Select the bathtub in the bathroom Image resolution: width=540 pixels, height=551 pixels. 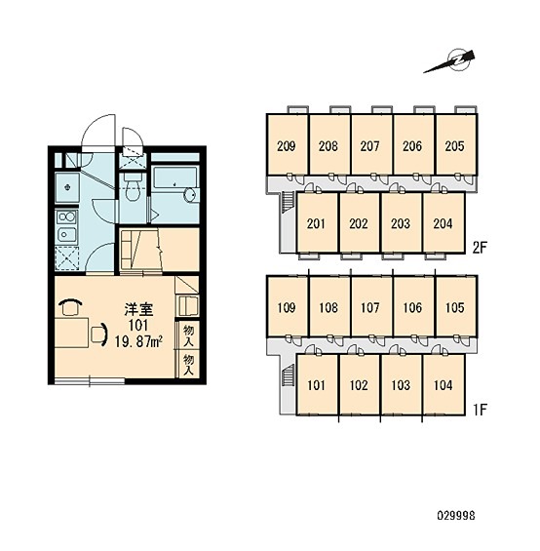(176, 185)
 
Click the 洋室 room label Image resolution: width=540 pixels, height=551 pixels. (138, 309)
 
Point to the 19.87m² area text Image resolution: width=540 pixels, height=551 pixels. (138, 341)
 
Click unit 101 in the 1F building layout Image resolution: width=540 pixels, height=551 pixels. (317, 385)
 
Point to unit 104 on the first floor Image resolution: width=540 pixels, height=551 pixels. (444, 385)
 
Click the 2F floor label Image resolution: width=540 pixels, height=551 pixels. (480, 248)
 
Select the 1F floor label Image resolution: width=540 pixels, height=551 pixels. (480, 410)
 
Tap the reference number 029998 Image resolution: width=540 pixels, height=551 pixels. (456, 516)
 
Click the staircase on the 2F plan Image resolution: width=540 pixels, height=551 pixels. (288, 202)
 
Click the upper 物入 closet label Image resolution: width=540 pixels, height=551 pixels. (189, 335)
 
